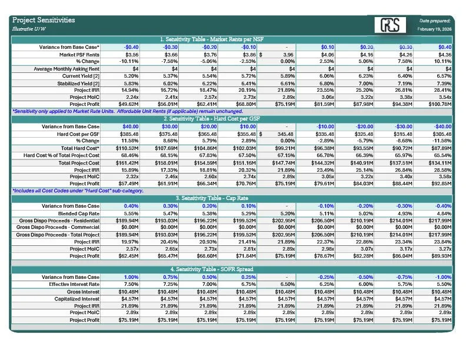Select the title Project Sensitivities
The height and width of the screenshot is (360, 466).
coord(44,20)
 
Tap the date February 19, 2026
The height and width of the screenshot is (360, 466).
coord(434,29)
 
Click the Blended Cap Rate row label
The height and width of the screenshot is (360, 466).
coord(79,214)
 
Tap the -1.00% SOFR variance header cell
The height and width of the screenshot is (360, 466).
coord(440,276)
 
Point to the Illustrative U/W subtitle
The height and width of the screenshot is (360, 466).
coord(30,29)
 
